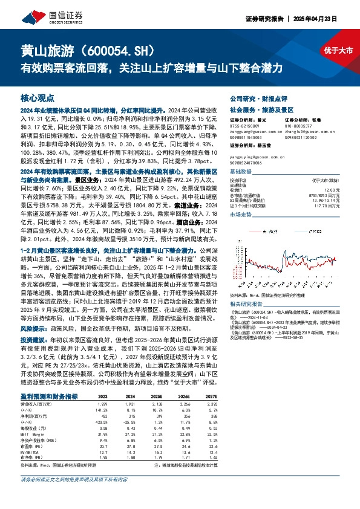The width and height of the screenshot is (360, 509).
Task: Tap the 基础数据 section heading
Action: point(241,172)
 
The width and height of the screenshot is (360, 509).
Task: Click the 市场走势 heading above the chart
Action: point(241,215)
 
